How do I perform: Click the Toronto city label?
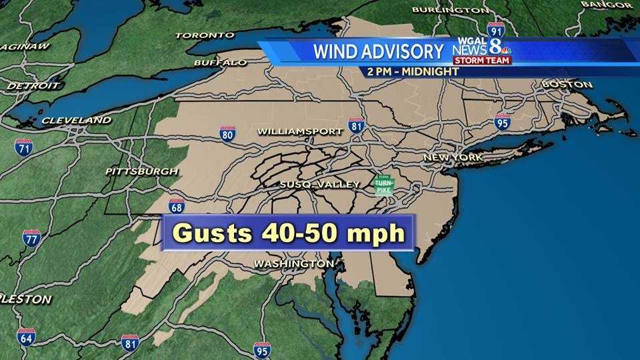(x=205, y=35)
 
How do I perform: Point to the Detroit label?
(x=33, y=86)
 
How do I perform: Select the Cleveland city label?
(x=76, y=121)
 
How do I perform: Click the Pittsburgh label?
(x=141, y=171)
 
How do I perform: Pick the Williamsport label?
(x=299, y=131)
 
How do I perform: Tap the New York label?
(x=453, y=157)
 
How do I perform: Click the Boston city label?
(x=567, y=85)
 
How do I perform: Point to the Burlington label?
(x=450, y=10)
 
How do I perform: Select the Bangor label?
(x=606, y=5)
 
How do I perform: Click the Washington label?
(x=293, y=264)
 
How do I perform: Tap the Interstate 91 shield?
(x=495, y=30)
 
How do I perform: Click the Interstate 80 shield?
(x=227, y=133)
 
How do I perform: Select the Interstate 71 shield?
(x=23, y=147)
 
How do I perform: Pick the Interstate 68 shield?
(x=176, y=206)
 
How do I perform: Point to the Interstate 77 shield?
(x=31, y=238)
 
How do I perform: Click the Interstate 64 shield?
(x=26, y=337)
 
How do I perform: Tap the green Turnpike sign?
(x=383, y=186)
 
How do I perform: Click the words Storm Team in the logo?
(x=482, y=61)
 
